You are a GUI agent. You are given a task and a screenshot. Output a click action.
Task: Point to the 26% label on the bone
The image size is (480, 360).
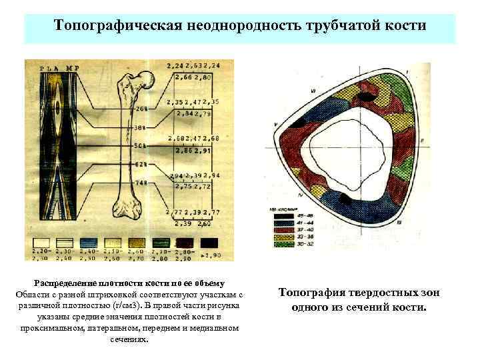(x=141, y=108)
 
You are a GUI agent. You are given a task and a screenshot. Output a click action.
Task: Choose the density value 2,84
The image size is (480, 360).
(x=181, y=114)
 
